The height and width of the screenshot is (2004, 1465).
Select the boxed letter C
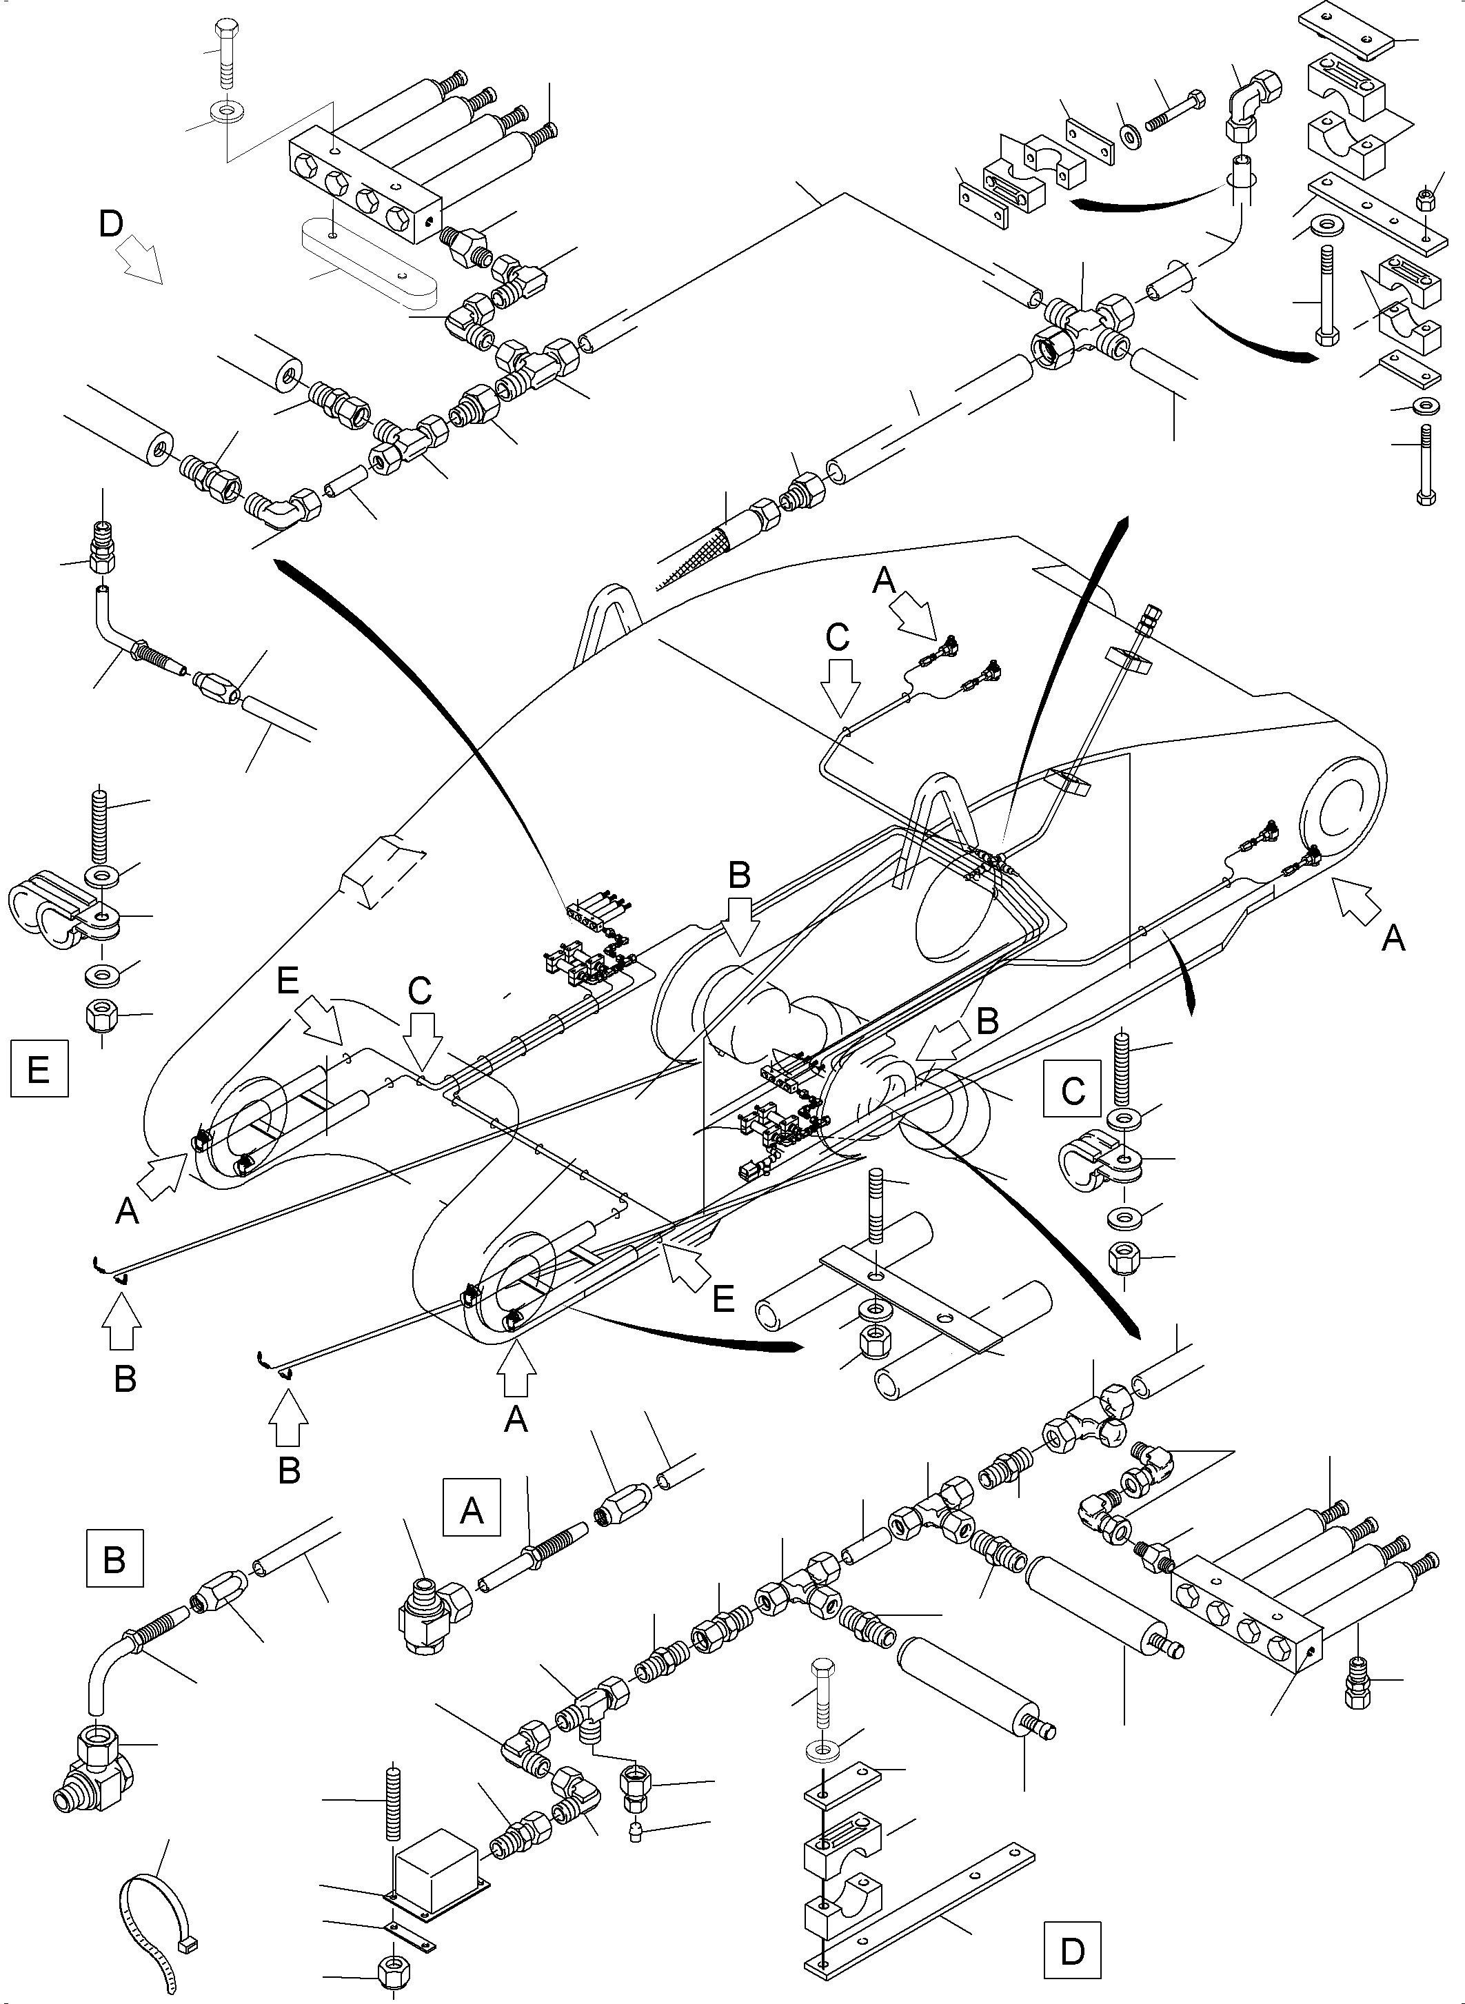tap(1073, 1089)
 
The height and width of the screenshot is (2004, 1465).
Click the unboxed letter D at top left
tap(111, 224)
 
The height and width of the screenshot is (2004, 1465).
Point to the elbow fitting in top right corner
tap(1252, 106)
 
